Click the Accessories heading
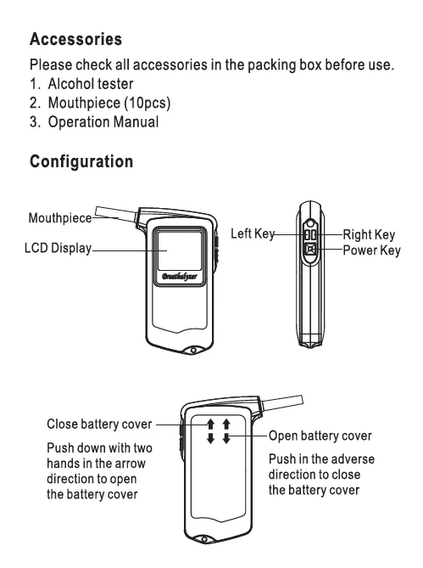point(76,39)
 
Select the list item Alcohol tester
point(91,84)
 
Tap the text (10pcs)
point(147,103)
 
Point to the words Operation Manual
point(103,122)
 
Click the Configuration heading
point(81,161)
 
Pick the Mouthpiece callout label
point(60,218)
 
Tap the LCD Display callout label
point(58,248)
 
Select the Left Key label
point(253,233)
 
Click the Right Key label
point(369,234)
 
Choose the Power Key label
point(371,250)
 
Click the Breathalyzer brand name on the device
point(180,277)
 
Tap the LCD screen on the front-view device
point(180,250)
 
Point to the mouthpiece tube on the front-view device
point(116,214)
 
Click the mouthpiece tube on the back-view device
point(281,403)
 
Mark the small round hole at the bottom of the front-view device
point(194,351)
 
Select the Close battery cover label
point(99,425)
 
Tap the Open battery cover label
point(320,436)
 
